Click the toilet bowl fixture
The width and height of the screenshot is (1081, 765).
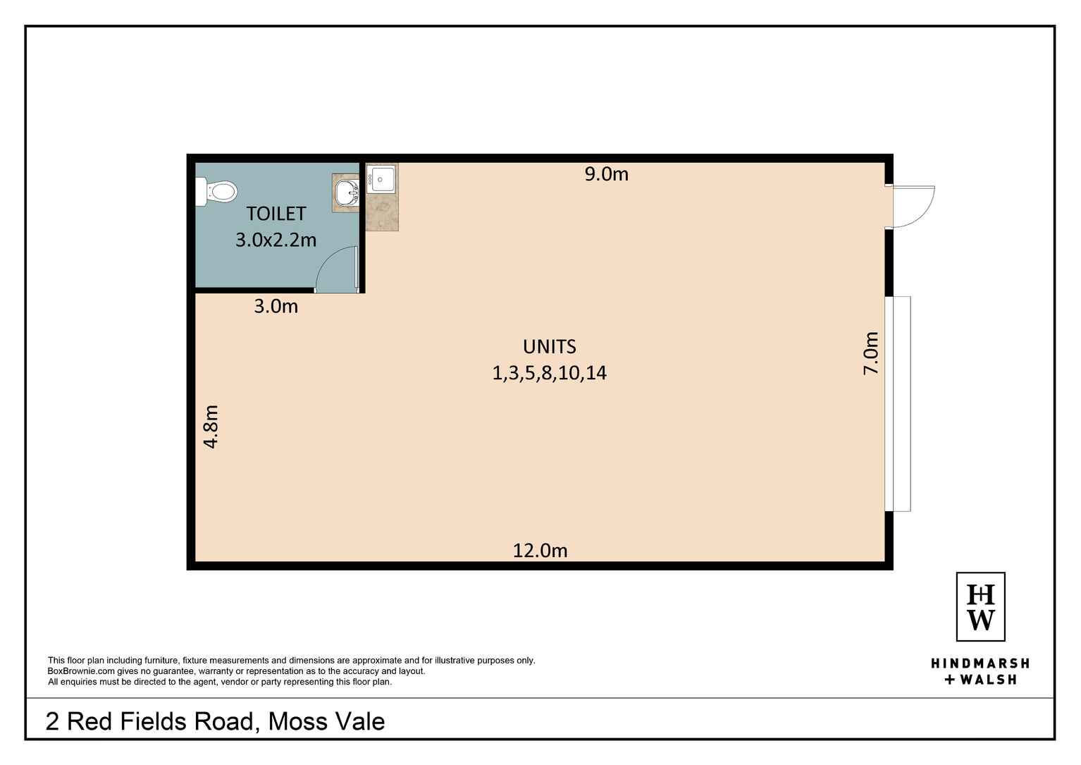[x=219, y=192]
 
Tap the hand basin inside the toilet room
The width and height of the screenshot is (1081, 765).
[x=347, y=192]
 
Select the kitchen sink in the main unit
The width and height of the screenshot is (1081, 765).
[x=382, y=178]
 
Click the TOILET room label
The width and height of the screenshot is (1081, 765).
[x=276, y=214]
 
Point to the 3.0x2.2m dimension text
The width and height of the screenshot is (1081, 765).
[x=276, y=240]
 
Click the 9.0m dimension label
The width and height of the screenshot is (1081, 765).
[x=606, y=174]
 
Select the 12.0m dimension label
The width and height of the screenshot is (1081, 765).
[x=540, y=550]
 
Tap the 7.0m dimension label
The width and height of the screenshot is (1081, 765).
[x=872, y=353]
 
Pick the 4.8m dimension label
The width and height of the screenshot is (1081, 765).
[x=211, y=427]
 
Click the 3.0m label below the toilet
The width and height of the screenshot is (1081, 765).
[x=276, y=306]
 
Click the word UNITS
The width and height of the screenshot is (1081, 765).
[x=549, y=347]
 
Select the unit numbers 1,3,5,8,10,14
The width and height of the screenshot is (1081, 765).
[x=549, y=373]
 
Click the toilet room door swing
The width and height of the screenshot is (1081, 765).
[x=337, y=271]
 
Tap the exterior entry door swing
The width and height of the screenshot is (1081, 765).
[x=912, y=207]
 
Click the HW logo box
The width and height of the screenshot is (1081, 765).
[x=980, y=606]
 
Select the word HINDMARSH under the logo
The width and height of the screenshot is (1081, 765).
[x=980, y=663]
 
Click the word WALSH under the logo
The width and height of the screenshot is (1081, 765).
[x=988, y=680]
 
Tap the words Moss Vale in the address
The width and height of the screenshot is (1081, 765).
[x=327, y=721]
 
